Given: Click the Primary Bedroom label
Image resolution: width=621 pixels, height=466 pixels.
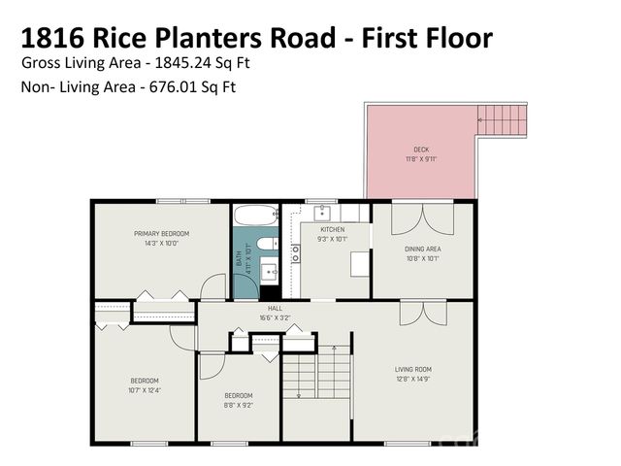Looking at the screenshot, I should coord(161,234).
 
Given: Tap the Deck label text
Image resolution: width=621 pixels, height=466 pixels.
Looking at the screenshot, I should coord(420,150).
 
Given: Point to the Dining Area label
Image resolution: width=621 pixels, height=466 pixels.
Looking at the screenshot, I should coord(422,249).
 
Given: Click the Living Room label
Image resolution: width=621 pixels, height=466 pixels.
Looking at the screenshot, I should coord(412,370).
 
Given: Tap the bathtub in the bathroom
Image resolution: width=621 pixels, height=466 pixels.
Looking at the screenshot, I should coord(256,215).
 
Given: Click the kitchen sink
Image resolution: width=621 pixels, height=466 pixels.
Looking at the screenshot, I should coord(324,214).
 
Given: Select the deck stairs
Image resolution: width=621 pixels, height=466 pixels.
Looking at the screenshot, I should coord(502,120).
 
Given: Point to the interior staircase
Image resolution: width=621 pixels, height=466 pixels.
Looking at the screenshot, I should coord(316,373).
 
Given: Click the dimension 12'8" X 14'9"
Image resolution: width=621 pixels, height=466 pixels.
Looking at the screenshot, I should coord(412,380).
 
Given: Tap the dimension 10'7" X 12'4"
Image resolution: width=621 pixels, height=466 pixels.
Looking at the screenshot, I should coord(145,390).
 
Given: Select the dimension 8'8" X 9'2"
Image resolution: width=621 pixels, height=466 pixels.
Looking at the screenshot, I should coord(239,405).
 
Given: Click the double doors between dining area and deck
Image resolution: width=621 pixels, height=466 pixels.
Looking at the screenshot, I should coord(421,217).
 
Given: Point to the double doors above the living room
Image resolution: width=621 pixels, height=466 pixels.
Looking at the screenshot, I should coord(422,313).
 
